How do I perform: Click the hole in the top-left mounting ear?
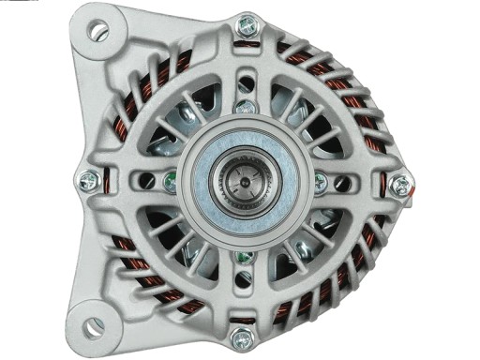tap(97, 31)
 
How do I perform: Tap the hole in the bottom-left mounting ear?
tap(94, 326)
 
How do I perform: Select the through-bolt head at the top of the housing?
tap(247, 26)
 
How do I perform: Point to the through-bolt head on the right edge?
tap(400, 184)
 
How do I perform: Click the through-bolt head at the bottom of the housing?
tap(242, 337)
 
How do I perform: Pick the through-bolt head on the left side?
tap(90, 180)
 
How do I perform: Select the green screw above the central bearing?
tap(245, 106)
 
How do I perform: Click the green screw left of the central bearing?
tap(170, 182)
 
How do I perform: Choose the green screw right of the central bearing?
tap(320, 182)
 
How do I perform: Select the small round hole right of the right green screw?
tap(343, 183)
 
